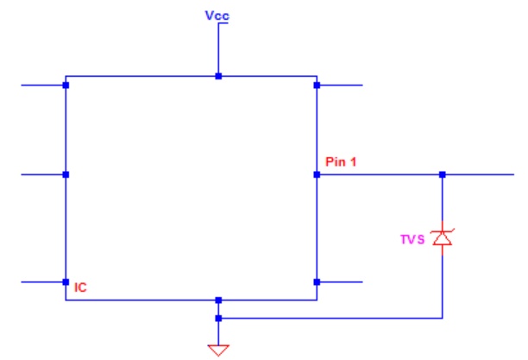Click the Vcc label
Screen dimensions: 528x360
(x=217, y=16)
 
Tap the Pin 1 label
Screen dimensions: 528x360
(x=341, y=161)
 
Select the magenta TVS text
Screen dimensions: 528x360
(x=412, y=239)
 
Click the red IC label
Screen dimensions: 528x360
(x=80, y=287)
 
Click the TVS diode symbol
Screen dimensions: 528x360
(x=443, y=237)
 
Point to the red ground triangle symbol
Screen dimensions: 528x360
(x=218, y=351)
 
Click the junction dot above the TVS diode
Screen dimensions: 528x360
(x=443, y=174)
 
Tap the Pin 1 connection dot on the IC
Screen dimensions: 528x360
(x=317, y=174)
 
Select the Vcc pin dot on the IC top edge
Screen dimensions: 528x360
(x=218, y=76)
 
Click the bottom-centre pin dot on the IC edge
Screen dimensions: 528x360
(x=218, y=300)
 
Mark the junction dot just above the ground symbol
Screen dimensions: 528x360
(x=218, y=319)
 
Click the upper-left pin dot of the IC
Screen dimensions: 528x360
(x=66, y=85)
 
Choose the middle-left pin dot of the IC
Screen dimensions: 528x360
(x=66, y=174)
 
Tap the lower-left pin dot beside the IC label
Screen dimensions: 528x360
(x=66, y=282)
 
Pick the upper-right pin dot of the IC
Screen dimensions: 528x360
(x=317, y=85)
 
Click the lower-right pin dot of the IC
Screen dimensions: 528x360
(x=317, y=282)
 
